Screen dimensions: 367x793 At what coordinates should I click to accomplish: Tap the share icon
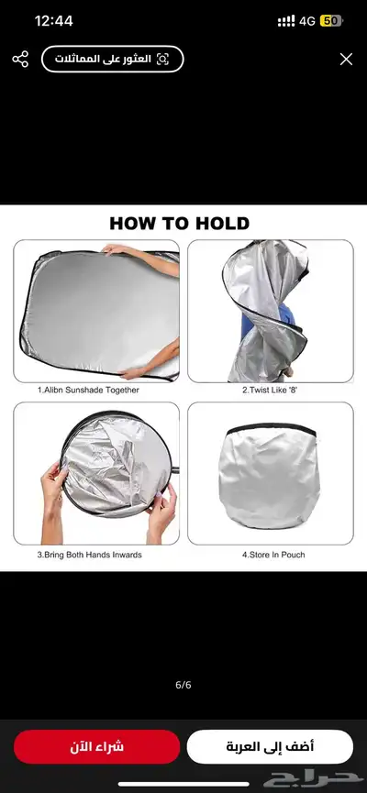[x=20, y=60]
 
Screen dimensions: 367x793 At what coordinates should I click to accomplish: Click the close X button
[x=346, y=60]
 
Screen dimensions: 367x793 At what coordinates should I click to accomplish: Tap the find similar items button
[x=112, y=60]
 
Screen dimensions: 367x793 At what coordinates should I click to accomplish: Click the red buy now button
[x=96, y=746]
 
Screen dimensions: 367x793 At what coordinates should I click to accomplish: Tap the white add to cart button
[x=270, y=746]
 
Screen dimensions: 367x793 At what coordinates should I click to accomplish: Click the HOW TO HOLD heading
[x=180, y=223]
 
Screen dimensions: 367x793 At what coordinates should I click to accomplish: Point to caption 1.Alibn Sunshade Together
[x=89, y=390]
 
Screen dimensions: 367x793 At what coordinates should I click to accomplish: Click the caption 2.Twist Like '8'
[x=270, y=390]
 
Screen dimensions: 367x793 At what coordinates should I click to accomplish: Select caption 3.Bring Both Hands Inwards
[x=90, y=555]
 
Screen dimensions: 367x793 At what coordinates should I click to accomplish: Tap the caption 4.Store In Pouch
[x=273, y=555]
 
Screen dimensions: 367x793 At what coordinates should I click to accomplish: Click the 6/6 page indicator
[x=183, y=685]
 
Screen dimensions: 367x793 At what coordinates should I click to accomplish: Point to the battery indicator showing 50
[x=331, y=21]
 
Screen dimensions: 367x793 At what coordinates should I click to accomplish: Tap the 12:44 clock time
[x=53, y=21]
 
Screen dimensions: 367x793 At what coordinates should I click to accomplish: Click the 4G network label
[x=307, y=21]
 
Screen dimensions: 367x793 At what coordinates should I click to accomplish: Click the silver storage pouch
[x=270, y=477]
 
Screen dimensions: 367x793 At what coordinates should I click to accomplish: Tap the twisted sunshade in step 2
[x=266, y=311]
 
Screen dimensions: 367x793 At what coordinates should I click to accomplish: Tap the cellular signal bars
[x=286, y=21]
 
